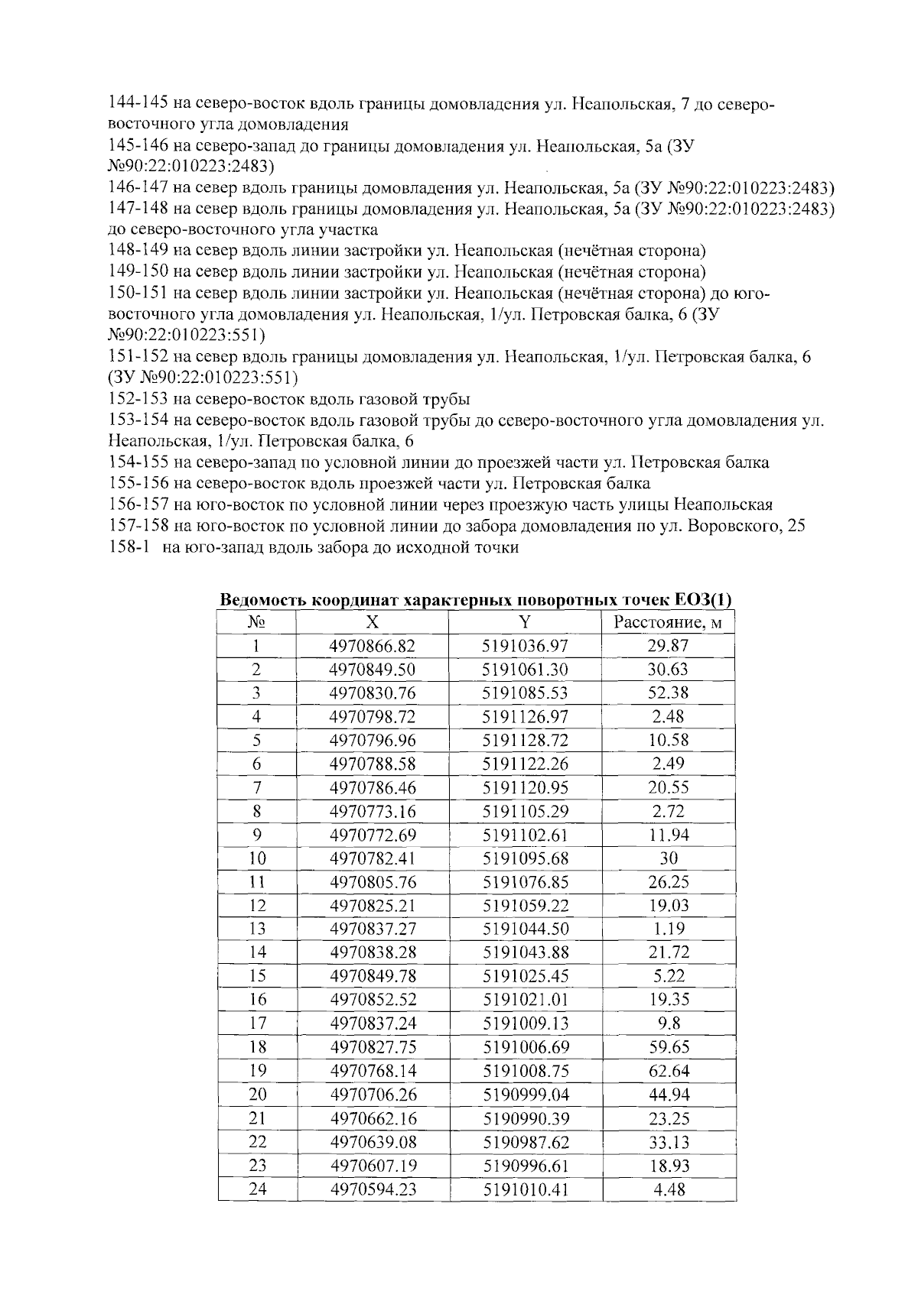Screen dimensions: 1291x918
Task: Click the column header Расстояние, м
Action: pyautogui.click(x=668, y=622)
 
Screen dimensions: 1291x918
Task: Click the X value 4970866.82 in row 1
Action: pyautogui.click(x=372, y=646)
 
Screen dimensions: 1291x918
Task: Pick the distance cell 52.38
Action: pyautogui.click(x=668, y=693)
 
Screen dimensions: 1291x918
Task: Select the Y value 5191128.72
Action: pyautogui.click(x=525, y=740)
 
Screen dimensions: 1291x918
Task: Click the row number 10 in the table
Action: pyautogui.click(x=257, y=858)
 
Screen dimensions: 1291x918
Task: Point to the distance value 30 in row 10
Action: pyautogui.click(x=668, y=858)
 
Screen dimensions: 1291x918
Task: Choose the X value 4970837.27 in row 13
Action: pyautogui.click(x=372, y=929)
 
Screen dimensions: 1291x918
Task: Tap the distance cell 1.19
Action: pyautogui.click(x=668, y=929)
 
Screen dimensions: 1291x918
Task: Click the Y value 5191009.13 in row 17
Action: pyautogui.click(x=525, y=1023)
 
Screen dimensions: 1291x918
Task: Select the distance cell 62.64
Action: pyautogui.click(x=668, y=1071)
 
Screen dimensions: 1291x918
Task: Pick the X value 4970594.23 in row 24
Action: pyautogui.click(x=372, y=1189)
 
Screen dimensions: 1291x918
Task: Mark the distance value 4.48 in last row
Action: pyautogui.click(x=668, y=1189)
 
